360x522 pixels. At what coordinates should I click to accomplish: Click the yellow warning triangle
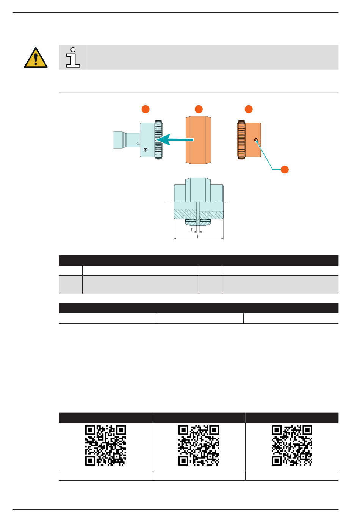pos(36,58)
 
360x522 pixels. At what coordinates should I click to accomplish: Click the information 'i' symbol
pos(73,58)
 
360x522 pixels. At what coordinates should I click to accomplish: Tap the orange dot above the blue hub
pos(146,109)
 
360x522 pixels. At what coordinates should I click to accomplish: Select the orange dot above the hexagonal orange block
pos(199,109)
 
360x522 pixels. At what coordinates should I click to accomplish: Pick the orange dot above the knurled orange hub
pos(249,109)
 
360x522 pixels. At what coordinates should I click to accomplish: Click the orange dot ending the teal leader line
pos(285,169)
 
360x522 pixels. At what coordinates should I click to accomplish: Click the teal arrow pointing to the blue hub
pos(175,139)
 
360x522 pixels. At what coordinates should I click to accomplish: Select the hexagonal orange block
pos(199,140)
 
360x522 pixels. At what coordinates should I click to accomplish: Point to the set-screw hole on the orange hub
pos(256,140)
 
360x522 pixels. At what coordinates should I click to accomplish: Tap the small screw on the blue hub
pos(146,150)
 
